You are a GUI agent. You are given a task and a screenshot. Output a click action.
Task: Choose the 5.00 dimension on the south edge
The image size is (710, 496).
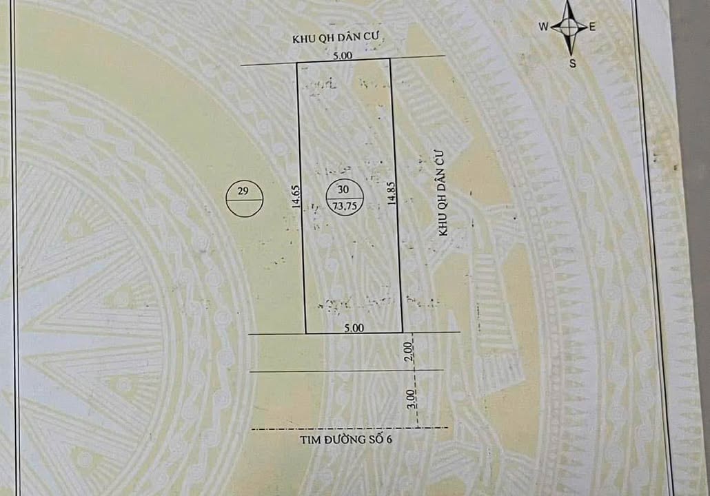click(353, 329)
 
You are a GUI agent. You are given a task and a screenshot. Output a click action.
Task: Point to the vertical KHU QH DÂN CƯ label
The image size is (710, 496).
click(443, 195)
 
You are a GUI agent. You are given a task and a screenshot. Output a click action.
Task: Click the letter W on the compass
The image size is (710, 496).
click(543, 27)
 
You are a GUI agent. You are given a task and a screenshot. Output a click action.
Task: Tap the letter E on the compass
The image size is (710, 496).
click(592, 27)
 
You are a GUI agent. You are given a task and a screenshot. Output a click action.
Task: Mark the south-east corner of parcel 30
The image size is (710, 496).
click(402, 333)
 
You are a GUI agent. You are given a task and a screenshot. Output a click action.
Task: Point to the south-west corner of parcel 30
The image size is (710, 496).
click(305, 333)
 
